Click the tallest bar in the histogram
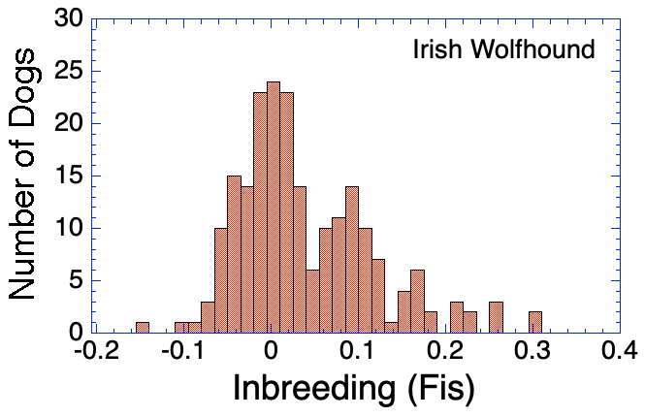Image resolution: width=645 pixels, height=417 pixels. (x=273, y=208)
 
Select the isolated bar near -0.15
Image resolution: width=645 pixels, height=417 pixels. (x=143, y=328)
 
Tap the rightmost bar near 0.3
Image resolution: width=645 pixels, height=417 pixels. (x=535, y=322)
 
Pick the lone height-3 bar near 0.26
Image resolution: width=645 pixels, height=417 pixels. (x=496, y=317)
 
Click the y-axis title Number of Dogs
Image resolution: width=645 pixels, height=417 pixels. (x=31, y=175)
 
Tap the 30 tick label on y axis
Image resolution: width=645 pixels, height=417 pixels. (x=70, y=19)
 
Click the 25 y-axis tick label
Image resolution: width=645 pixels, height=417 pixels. (x=70, y=72)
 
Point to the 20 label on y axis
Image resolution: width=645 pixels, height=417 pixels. (x=70, y=124)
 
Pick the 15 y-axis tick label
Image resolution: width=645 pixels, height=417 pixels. (x=70, y=176)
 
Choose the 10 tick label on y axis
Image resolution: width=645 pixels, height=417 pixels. (x=70, y=229)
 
